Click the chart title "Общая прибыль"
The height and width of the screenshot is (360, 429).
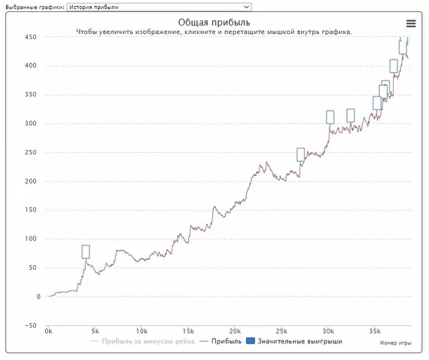[214, 23]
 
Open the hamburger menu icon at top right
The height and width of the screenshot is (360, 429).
[411, 23]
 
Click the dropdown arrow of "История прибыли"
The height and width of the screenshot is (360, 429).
[246, 7]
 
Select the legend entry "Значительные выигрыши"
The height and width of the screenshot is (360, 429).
[300, 341]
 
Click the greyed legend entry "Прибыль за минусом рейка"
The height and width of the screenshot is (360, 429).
[148, 341]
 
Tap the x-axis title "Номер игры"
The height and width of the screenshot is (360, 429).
[396, 343]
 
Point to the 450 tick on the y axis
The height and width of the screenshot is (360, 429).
[30, 37]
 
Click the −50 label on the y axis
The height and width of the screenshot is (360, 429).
[30, 325]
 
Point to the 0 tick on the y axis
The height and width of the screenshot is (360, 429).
[38, 297]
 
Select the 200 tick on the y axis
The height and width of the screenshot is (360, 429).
[30, 182]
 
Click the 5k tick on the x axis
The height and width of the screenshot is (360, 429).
[95, 331]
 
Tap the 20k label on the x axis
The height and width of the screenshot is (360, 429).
[235, 331]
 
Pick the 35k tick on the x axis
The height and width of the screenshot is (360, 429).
[375, 331]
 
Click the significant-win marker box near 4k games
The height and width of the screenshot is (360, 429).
[86, 252]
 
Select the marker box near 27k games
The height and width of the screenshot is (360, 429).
[301, 154]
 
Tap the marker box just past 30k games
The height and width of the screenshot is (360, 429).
[330, 117]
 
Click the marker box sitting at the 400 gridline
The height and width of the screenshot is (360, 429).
[394, 66]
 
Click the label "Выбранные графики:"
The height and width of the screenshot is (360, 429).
[35, 7]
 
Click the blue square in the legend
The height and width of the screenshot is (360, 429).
[251, 341]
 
